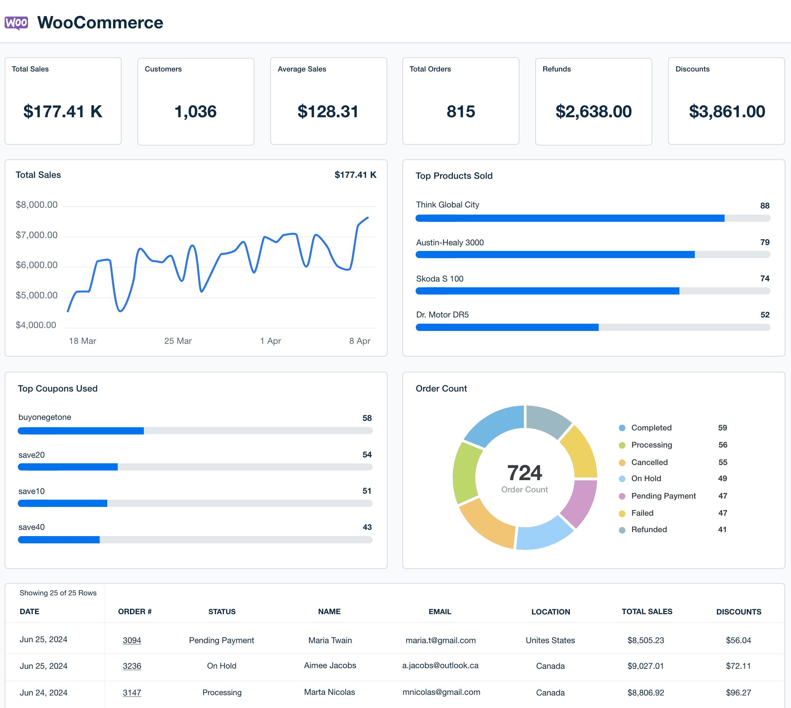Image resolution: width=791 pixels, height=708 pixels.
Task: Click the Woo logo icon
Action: coord(16,23)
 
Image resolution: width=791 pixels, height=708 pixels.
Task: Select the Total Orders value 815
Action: coord(460,112)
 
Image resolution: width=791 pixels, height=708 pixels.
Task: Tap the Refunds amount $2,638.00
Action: coord(593,112)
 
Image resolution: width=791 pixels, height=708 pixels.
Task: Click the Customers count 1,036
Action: coord(195,112)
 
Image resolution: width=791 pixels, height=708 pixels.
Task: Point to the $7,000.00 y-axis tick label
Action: coord(37,235)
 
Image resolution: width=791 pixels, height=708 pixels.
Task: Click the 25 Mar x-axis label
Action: coord(178,341)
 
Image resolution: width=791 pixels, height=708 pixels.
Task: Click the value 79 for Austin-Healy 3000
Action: coord(765,242)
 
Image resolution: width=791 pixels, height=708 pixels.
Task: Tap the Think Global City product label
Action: coord(447,204)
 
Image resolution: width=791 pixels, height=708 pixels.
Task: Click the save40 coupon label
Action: coord(32,527)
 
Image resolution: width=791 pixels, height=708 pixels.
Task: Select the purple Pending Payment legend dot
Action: coord(622,496)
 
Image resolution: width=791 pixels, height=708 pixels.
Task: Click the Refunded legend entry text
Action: coord(649,530)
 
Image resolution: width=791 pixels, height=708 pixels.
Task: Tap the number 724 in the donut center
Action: coord(524,473)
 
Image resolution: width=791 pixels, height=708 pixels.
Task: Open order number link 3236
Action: coord(132,666)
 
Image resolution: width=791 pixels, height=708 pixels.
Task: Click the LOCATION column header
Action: coord(550,612)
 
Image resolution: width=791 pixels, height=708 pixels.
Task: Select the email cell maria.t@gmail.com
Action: coord(440,640)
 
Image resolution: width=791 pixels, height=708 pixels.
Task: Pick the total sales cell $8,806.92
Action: coord(645,693)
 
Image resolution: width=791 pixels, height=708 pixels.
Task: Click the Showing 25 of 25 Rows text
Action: coord(58,593)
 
